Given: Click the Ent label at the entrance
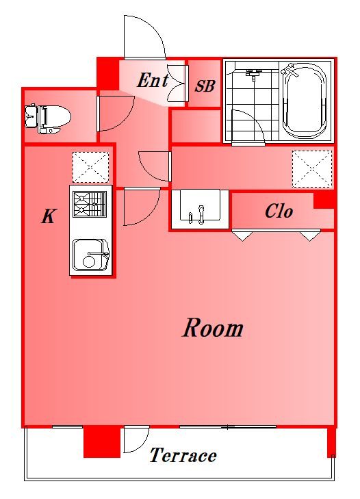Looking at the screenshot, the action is (153, 80).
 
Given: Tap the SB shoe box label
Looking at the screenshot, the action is (205, 86).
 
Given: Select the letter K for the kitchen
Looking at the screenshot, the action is (49, 216).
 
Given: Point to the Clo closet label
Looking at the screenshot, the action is (279, 211).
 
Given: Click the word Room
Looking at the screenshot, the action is (213, 328).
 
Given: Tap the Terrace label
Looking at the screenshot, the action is (183, 455).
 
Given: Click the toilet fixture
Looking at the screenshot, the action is (47, 118).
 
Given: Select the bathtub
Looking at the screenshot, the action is (305, 101).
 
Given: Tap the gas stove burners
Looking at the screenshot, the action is (90, 204).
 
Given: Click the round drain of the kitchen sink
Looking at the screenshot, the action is (89, 262).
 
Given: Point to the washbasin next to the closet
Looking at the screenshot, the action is (200, 209).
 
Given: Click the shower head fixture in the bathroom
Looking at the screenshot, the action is (254, 75).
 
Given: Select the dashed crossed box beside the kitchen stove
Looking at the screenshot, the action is (91, 167).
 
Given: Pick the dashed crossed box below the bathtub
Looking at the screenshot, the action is (312, 168).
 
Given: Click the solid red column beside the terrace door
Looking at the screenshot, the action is (102, 442).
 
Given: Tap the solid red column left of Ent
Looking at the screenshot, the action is (108, 74).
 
